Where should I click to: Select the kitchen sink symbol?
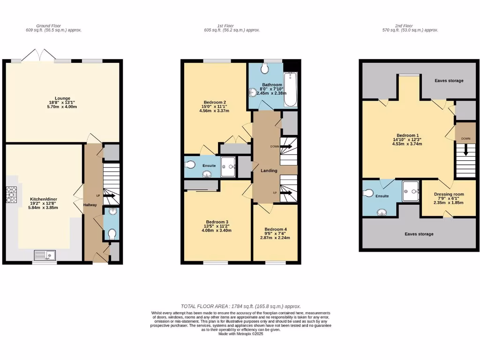pyautogui.click(x=45, y=255)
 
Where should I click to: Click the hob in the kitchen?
pyautogui.click(x=11, y=195)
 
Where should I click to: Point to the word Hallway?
pyautogui.click(x=90, y=205)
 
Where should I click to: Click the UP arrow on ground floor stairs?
pyautogui.click(x=109, y=195)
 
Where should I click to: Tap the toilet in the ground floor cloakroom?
pyautogui.click(x=112, y=233)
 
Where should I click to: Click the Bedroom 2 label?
pyautogui.click(x=215, y=102)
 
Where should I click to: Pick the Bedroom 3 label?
pyautogui.click(x=217, y=222)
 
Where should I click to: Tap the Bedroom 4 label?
pyautogui.click(x=276, y=230)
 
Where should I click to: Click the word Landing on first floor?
pyautogui.click(x=269, y=171)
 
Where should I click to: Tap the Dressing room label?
pyautogui.click(x=449, y=194)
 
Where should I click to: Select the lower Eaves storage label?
pyautogui.click(x=419, y=234)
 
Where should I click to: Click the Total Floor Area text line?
pyautogui.click(x=240, y=306)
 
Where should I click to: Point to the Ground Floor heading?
pyautogui.click(x=49, y=26)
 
